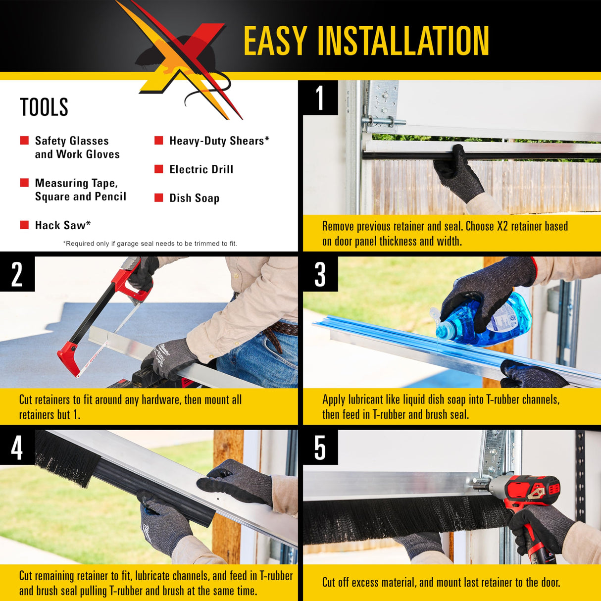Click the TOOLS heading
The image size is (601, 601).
[44, 107]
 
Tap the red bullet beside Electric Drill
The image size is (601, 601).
[159, 169]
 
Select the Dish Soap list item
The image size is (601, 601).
[194, 198]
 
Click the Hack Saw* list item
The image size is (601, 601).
[63, 225]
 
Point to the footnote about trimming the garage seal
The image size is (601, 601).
[150, 244]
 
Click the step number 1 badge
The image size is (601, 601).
[320, 98]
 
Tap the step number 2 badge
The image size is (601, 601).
[17, 274]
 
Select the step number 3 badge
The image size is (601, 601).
[320, 274]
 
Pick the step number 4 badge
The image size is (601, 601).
[17, 448]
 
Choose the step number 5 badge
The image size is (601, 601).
[320, 448]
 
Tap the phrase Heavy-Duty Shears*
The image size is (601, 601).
[219, 141]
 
